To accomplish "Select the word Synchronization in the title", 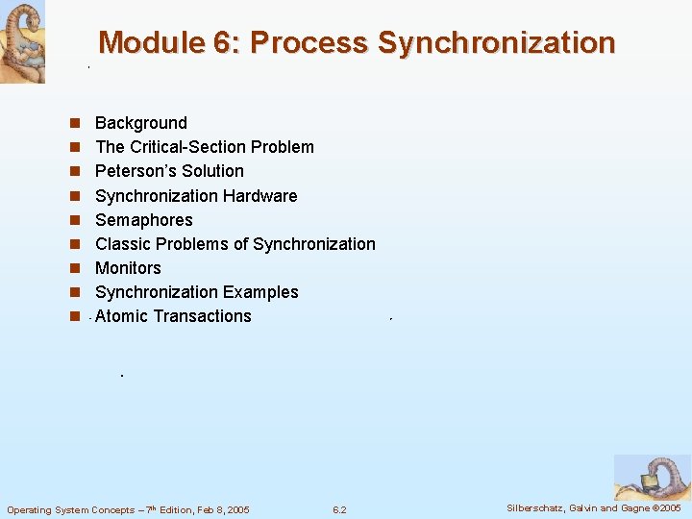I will point(496,43).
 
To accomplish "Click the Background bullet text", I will point(141,123).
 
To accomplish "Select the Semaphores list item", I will point(144,220).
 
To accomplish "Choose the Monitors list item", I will point(128,268).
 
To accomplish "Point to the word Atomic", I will point(123,316).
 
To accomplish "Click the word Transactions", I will point(204,316).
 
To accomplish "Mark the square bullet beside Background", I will point(73,124).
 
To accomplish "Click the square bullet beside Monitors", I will point(73,269).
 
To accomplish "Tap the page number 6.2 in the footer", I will point(339,509).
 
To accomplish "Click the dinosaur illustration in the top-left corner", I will point(22,41).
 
